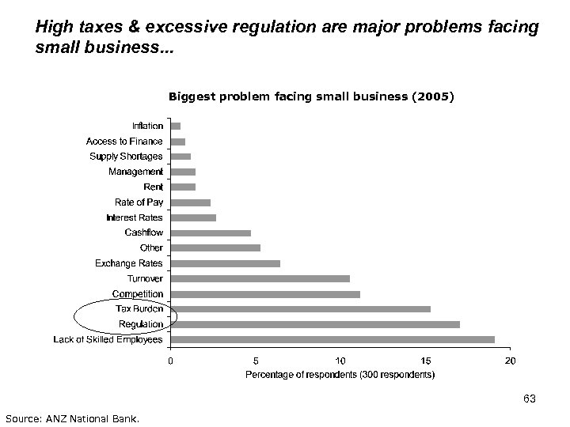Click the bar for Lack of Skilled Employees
click(x=332, y=340)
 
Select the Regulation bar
click(x=315, y=324)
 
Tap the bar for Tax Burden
click(x=301, y=309)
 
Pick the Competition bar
click(x=265, y=294)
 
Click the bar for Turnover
click(x=260, y=278)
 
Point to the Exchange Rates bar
click(x=226, y=263)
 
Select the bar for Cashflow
click(x=211, y=233)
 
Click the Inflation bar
click(x=176, y=126)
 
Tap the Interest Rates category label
click(x=135, y=217)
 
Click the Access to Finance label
click(x=124, y=142)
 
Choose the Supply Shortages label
click(x=127, y=157)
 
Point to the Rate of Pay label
click(x=139, y=202)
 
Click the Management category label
click(x=135, y=172)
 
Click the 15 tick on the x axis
click(x=425, y=361)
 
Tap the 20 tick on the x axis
click(x=510, y=361)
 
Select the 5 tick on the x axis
click(x=256, y=361)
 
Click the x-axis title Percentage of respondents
click(x=340, y=376)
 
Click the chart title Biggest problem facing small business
click(x=311, y=97)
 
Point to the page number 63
click(x=530, y=398)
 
